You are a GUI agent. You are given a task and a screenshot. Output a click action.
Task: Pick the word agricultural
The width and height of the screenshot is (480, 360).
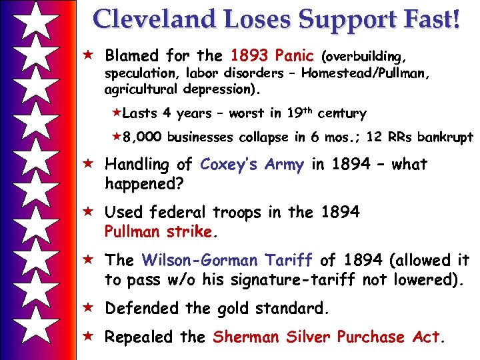pos(143,89)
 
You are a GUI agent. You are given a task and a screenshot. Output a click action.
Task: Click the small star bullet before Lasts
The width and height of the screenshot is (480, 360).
pos(119,113)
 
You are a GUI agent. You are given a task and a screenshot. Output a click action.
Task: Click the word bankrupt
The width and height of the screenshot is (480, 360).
pos(445,137)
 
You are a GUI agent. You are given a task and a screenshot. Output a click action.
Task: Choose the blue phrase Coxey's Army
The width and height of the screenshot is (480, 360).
pos(252,164)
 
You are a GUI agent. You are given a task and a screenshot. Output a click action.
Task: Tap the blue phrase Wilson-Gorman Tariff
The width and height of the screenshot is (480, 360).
pos(227,260)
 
